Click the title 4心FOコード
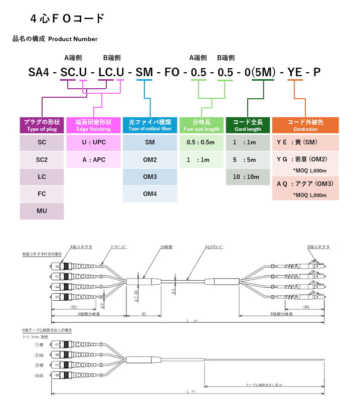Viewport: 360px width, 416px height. pyautogui.click(x=67, y=19)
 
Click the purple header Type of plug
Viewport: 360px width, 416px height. pyautogui.click(x=42, y=125)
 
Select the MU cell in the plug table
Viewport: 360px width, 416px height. pyautogui.click(x=42, y=211)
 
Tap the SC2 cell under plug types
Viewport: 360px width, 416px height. pyautogui.click(x=42, y=159)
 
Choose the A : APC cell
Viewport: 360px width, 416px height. pyautogui.click(x=94, y=159)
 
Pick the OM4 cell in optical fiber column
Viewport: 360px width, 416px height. pyautogui.click(x=150, y=193)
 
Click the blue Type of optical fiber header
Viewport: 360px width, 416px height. pyautogui.click(x=150, y=125)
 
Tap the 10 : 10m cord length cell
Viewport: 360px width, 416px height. pyautogui.click(x=247, y=176)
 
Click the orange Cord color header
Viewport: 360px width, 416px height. pyautogui.click(x=305, y=125)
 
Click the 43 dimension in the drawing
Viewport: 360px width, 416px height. pyautogui.click(x=143, y=314)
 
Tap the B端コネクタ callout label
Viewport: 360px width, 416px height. pyautogui.click(x=318, y=247)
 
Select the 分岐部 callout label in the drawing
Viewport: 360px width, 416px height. pyautogui.click(x=166, y=247)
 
